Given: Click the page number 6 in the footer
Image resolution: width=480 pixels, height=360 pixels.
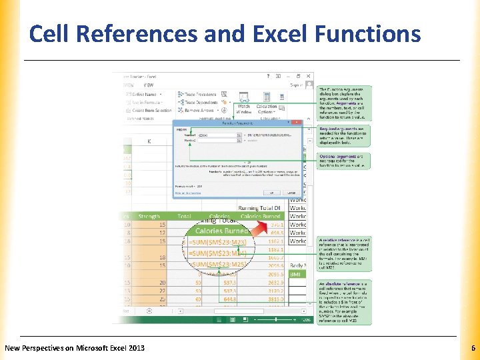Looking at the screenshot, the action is coord(472,348).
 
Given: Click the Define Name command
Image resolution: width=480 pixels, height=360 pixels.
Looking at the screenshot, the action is coord(147,95).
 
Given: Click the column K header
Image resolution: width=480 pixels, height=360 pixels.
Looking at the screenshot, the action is coord(149,141).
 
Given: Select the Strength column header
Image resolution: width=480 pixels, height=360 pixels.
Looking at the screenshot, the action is coord(149,216).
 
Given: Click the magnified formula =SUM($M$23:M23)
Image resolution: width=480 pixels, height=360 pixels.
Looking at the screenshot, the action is coord(218,241).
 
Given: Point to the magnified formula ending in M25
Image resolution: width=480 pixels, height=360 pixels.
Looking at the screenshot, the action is coord(218,265).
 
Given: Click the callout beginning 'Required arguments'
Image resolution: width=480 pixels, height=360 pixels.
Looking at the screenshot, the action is coord(343,137).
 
